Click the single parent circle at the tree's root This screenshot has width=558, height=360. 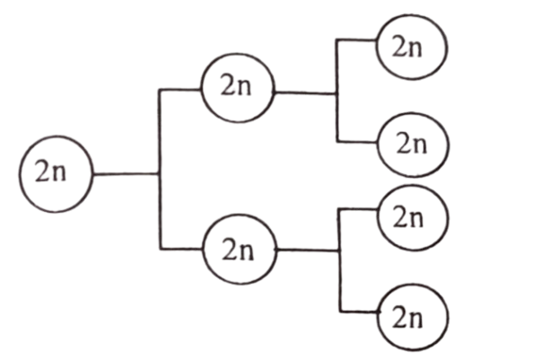57,174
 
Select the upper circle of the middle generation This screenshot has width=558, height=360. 238,88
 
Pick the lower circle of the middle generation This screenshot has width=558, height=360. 240,250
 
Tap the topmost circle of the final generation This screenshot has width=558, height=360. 412,47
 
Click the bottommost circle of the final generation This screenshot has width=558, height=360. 413,317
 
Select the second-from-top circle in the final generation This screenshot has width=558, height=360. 414,145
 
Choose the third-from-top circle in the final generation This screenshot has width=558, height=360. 413,218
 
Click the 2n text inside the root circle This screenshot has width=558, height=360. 50,171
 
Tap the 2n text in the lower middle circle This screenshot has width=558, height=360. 238,249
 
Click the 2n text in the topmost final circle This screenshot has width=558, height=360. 407,47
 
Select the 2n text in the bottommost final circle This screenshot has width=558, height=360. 407,317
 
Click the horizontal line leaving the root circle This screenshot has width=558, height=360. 126,174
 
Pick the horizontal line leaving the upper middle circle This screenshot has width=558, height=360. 306,93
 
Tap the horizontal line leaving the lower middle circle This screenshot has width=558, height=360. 309,250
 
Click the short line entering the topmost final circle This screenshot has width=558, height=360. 356,40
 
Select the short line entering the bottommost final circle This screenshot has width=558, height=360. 359,312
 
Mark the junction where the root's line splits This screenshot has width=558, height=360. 159,174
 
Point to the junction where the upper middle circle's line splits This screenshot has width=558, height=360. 337,94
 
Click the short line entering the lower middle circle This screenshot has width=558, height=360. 181,249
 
